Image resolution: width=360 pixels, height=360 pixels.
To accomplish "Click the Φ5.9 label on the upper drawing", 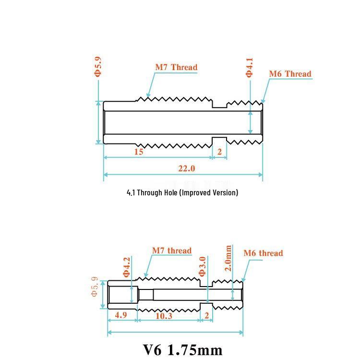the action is click(97, 67).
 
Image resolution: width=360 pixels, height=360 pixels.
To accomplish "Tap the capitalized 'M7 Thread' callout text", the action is click(176, 67).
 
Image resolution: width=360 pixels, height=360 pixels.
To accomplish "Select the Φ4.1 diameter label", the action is click(249, 68).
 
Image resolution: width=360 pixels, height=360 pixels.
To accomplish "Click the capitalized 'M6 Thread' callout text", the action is click(290, 74).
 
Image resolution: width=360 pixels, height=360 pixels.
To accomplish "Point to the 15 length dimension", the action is click(139, 152).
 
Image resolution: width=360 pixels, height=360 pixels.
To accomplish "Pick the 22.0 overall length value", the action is click(187, 168).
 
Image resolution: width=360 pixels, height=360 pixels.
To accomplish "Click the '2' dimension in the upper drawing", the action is click(220, 152).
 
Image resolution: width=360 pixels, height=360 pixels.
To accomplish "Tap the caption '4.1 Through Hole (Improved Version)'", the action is click(182, 192).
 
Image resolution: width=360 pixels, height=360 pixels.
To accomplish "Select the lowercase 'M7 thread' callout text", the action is click(172, 251).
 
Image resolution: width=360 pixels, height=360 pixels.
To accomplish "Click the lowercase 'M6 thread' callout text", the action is click(264, 253).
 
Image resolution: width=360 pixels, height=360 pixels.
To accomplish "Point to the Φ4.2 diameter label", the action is click(127, 267).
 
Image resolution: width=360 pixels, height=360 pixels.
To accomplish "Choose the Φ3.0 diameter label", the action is click(202, 266).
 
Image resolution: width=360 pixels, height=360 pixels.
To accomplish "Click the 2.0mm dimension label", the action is click(228, 258).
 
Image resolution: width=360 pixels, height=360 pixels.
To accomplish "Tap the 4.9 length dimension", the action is click(121, 315).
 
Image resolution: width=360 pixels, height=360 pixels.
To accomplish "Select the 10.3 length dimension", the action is click(164, 316).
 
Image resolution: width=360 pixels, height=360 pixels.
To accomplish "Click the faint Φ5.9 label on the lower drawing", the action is click(95, 287).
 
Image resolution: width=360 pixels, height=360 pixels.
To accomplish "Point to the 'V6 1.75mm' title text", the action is click(183, 350).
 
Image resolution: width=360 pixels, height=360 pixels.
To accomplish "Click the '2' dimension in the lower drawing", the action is click(206, 315).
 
